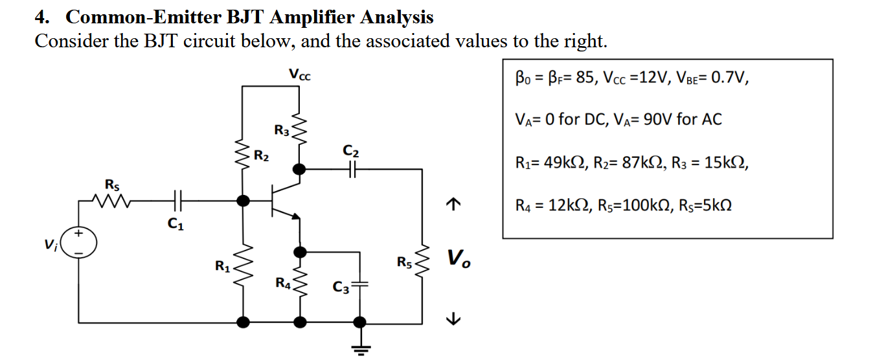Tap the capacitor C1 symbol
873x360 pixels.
point(178,201)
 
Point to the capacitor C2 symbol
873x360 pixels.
point(352,169)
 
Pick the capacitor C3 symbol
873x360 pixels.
point(360,284)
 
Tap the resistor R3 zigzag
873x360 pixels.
point(299,130)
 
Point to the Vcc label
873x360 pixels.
point(299,74)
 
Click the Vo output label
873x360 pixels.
point(459,260)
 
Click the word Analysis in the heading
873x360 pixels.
point(396,17)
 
